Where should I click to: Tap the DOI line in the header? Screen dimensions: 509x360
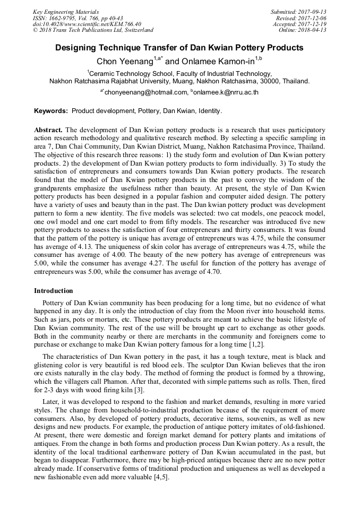click(x=87, y=24)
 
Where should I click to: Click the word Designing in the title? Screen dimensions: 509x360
click(x=79, y=48)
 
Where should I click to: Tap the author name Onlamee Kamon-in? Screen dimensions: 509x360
click(x=218, y=62)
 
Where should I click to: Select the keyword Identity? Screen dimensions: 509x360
click(x=210, y=111)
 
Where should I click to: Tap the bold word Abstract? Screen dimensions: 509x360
click(x=48, y=130)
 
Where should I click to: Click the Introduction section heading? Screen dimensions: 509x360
click(x=54, y=291)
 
